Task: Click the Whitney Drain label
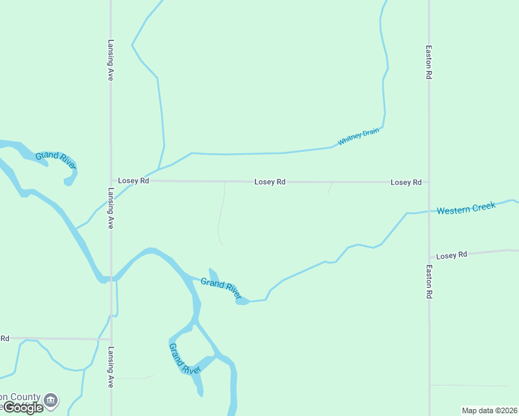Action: tap(359, 137)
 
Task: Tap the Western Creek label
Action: tap(466, 208)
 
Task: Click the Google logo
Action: tap(22, 408)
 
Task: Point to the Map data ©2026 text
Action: tap(490, 410)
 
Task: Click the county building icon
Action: tap(51, 400)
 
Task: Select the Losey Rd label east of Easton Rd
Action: tap(452, 255)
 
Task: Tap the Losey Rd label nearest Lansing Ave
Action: tap(133, 180)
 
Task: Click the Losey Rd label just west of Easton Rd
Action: tap(406, 182)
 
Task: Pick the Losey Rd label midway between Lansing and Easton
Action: tap(270, 182)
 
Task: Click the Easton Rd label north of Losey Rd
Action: tap(429, 63)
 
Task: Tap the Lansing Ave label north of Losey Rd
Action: tap(110, 60)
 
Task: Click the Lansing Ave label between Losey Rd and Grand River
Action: tap(110, 209)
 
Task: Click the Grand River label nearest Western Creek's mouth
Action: tap(221, 286)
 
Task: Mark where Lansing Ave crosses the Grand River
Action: tap(111, 279)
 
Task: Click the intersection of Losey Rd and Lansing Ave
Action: tap(111, 180)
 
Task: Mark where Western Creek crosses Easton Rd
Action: tap(429, 211)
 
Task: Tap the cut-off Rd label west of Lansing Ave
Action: tap(4, 338)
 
